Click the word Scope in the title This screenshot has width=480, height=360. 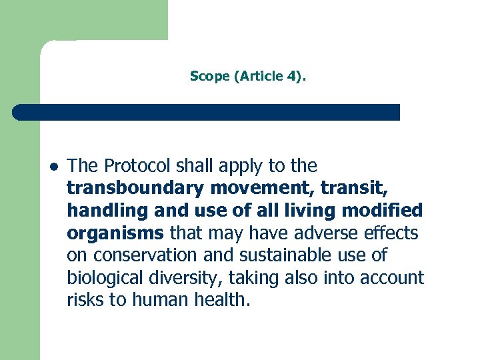(209, 76)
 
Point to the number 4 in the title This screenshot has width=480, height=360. (293, 76)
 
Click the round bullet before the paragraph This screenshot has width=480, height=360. (52, 167)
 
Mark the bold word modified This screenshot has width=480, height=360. (391, 211)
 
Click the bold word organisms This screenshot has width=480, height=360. (115, 233)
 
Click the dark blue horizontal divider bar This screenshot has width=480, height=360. (207, 112)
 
